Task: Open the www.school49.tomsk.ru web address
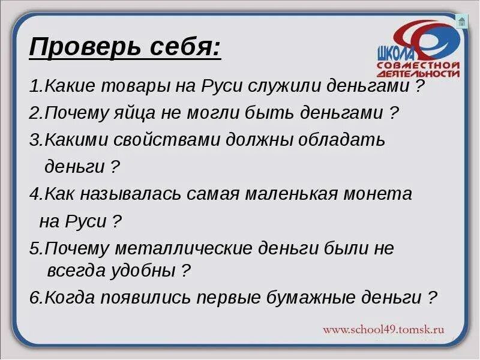383,329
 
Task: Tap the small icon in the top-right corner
461,22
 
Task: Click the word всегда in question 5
76,271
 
